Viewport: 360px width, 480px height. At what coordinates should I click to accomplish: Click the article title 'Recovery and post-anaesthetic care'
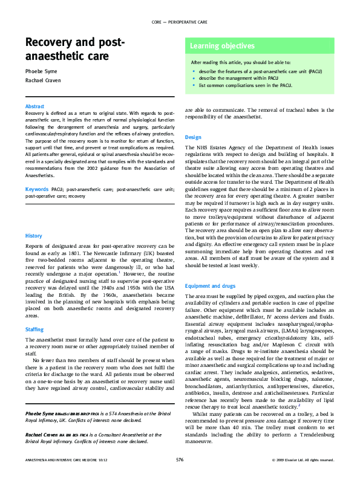(x=75, y=50)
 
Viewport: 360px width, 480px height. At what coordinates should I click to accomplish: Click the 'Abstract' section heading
(x=36, y=106)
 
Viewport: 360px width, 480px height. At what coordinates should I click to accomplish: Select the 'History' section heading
(x=33, y=235)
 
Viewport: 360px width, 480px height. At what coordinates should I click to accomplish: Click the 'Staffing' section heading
(x=34, y=329)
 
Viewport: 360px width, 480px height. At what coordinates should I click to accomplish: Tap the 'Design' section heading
(x=193, y=137)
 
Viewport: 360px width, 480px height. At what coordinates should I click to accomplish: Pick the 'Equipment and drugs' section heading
(x=211, y=286)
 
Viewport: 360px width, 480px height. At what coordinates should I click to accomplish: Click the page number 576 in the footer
(x=180, y=460)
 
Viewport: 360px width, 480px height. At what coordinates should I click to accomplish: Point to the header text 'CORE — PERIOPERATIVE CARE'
(x=180, y=22)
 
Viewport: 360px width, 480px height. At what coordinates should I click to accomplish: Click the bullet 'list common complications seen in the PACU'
(x=241, y=85)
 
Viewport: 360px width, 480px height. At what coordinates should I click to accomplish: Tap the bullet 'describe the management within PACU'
(x=237, y=78)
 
